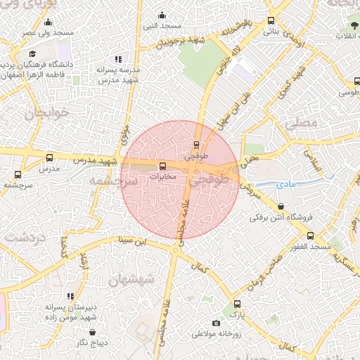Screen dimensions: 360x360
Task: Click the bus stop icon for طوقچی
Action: (196, 146)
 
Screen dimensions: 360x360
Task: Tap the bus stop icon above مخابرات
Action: (163, 167)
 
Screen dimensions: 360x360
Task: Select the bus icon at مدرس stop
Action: (49, 158)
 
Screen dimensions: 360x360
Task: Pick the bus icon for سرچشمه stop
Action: (18, 174)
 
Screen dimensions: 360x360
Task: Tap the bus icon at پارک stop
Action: (237, 304)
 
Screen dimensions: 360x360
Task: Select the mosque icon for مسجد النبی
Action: (162, 15)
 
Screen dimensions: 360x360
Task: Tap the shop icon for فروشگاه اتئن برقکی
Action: (282, 207)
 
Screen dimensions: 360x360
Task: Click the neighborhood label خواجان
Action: (46, 112)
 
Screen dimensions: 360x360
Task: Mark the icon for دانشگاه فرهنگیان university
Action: (32, 54)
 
